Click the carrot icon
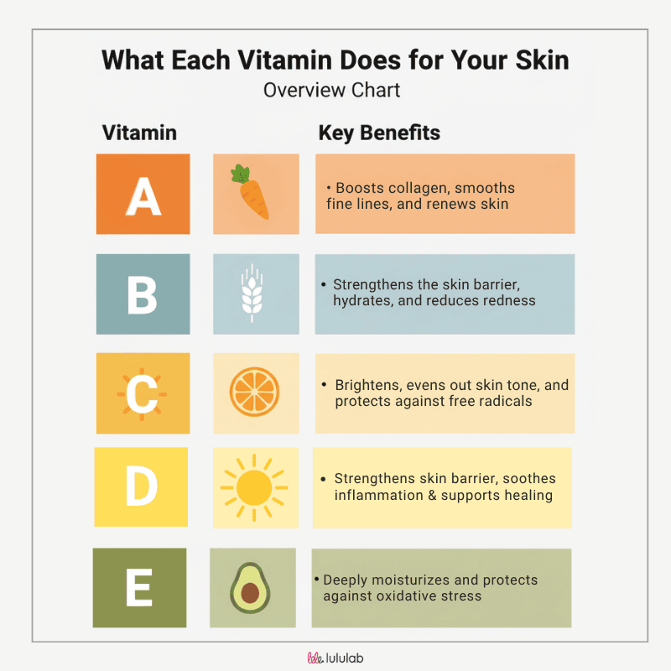[251, 194]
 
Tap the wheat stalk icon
[252, 294]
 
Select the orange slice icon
[255, 392]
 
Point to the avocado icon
[250, 588]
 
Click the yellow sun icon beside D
[254, 487]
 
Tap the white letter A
[143, 196]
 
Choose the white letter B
[142, 294]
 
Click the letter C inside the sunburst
[142, 394]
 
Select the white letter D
[142, 486]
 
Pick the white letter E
[139, 587]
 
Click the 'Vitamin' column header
[139, 133]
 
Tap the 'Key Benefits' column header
[379, 133]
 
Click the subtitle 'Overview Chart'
[331, 91]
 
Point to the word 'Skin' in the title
[542, 60]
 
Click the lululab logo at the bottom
[335, 658]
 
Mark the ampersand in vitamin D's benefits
[432, 496]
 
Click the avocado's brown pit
[250, 593]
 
